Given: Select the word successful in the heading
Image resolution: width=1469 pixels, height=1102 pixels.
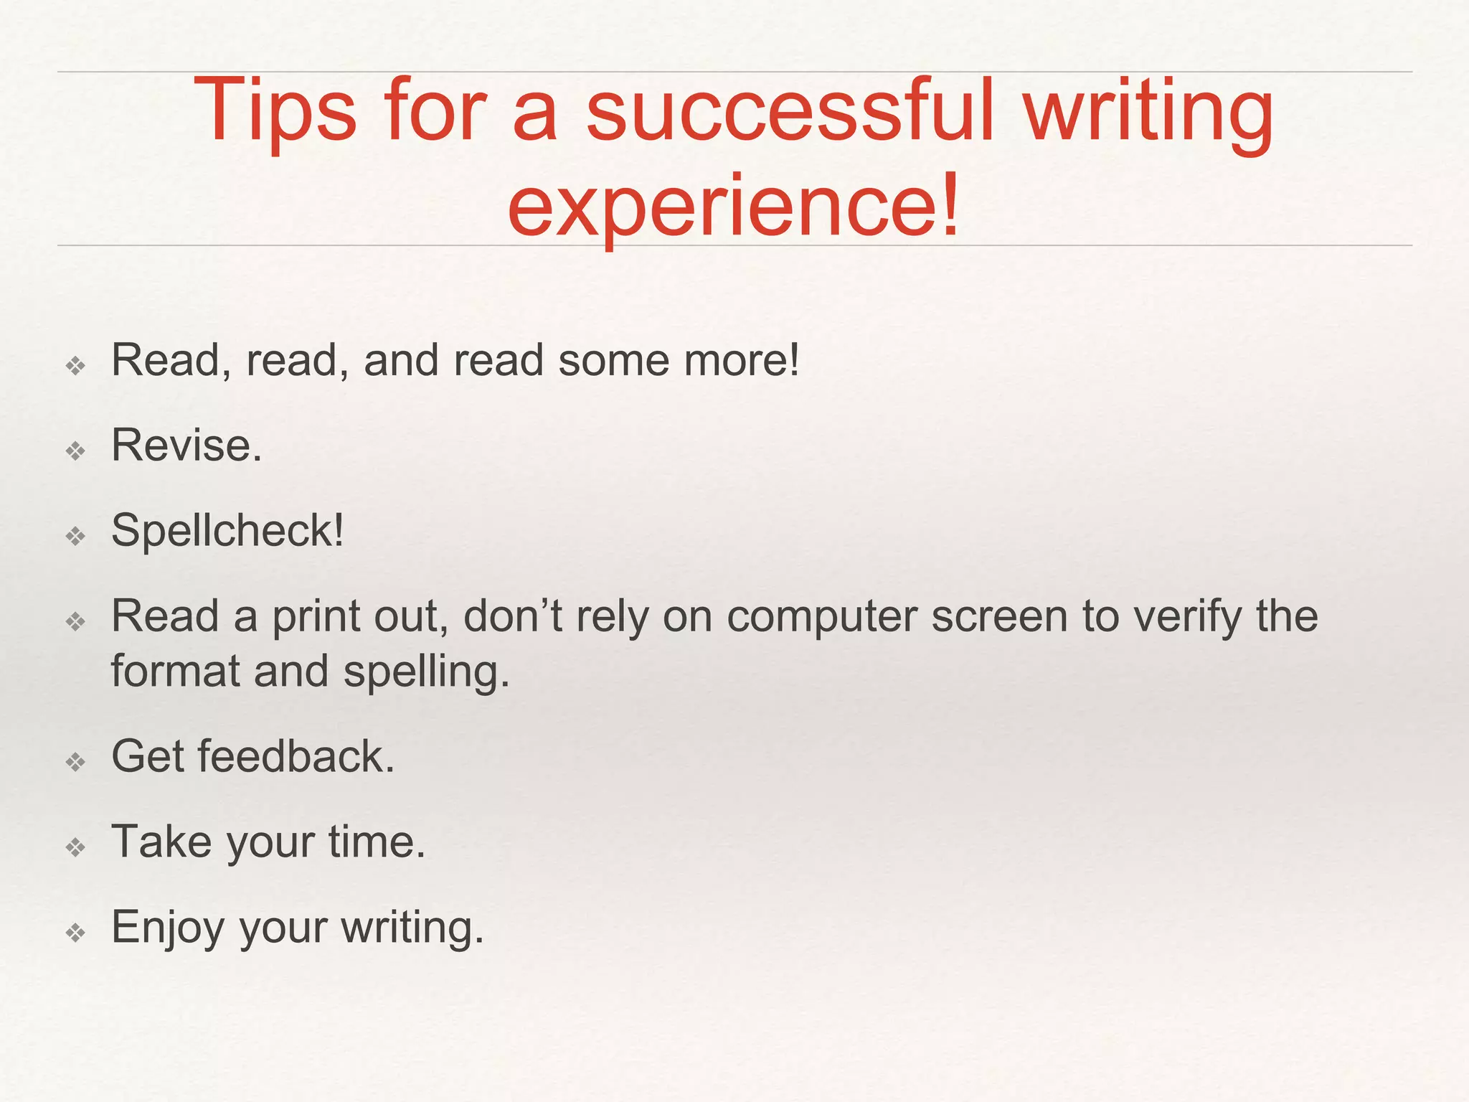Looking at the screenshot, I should pos(790,110).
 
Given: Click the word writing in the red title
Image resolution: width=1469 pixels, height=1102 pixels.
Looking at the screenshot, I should pos(1148,112).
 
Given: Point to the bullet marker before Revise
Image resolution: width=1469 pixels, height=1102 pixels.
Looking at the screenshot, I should pos(75,451).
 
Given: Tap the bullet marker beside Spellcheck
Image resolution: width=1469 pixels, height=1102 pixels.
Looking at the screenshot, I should pos(75,536).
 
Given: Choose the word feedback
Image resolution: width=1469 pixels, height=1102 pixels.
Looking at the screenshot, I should pos(296,756).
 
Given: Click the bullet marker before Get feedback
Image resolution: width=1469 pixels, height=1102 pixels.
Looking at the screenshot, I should pos(75,762).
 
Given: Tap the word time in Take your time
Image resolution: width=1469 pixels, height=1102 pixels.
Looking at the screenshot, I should pos(377,842).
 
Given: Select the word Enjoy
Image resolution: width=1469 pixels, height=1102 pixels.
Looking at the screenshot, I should pos(168,928).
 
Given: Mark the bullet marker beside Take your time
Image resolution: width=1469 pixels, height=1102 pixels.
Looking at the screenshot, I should pos(75,848).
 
